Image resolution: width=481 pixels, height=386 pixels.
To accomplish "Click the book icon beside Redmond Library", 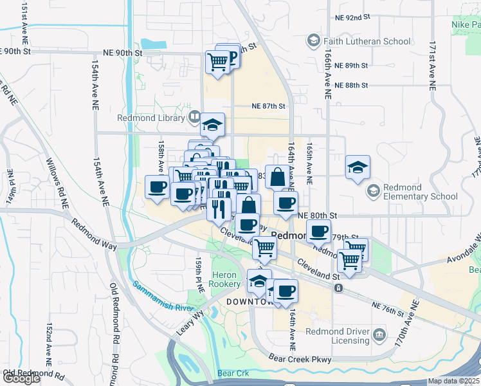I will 194,117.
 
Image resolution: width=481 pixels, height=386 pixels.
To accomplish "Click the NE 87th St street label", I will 268,106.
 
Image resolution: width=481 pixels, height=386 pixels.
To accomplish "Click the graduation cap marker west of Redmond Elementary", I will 358,168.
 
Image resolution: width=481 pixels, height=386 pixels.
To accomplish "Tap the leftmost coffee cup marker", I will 158,187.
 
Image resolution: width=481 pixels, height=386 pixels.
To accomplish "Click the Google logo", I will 21,378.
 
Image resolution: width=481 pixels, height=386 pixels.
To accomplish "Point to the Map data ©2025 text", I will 453,381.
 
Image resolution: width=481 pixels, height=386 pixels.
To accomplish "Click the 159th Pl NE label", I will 198,277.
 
